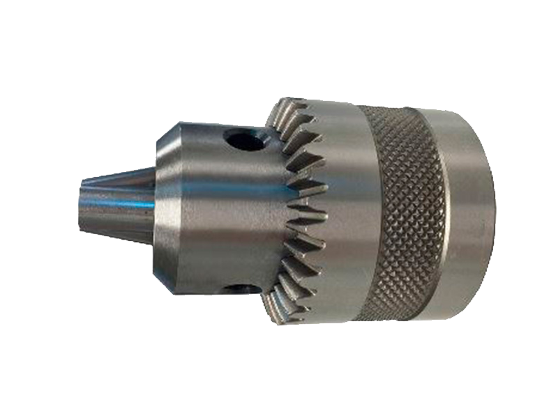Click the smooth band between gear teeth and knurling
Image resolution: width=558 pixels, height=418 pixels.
tap(342, 209)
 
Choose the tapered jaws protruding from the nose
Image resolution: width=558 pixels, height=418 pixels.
tap(115, 206)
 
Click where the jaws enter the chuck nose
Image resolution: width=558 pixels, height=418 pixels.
tap(155, 206)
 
